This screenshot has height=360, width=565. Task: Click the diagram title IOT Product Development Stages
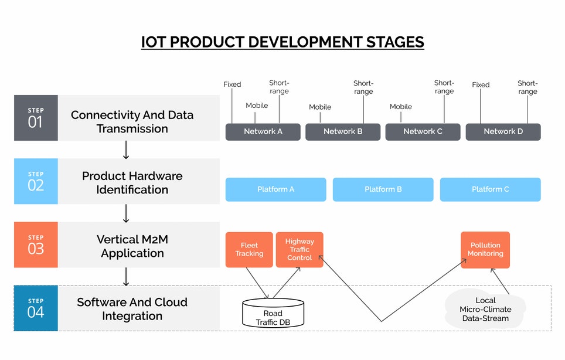pos(282,42)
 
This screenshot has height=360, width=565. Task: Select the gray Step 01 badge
pos(36,118)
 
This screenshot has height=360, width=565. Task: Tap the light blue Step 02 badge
pos(36,181)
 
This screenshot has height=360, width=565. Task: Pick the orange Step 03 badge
pos(36,244)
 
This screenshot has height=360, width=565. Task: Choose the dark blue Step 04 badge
pos(36,308)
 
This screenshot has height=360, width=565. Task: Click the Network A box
pos(263,131)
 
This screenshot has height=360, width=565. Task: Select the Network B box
pos(343,131)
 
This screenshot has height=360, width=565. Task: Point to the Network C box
pos(423,131)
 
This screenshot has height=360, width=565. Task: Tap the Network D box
pos(503,131)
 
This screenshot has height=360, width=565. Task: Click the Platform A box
pos(275,189)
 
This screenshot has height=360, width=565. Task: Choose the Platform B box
pos(383,189)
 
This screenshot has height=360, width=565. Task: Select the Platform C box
pos(490,189)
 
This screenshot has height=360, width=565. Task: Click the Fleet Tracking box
pos(249,250)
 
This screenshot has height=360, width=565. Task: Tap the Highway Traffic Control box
pos(299,250)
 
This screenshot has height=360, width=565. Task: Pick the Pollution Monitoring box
pos(485,250)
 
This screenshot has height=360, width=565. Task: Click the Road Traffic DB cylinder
pos(273,314)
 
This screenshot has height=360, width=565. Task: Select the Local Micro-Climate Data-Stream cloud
pos(485,310)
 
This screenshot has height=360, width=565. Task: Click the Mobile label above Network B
pos(320,107)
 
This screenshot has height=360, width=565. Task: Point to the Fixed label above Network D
pos(481,85)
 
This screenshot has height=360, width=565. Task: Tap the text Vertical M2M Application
pos(132,246)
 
